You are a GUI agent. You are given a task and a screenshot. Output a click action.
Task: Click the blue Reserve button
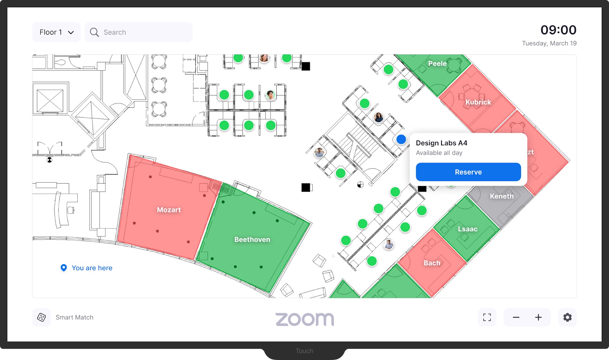coord(468,172)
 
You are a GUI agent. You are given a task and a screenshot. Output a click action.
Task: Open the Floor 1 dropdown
coord(56,32)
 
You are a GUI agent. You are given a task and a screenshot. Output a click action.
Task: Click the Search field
coord(139,32)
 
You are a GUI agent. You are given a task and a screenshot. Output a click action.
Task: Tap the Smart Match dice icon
coord(41,317)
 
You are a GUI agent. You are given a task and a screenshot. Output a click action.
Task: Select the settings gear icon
coord(567,317)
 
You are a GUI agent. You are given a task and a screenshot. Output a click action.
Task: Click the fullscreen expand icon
coord(487,317)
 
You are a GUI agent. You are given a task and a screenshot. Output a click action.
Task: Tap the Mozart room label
coord(169,210)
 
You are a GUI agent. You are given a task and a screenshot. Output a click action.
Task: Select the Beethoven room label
coord(252,239)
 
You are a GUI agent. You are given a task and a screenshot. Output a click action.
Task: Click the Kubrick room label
coord(478,102)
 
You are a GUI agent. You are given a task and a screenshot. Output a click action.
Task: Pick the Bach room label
coord(432,263)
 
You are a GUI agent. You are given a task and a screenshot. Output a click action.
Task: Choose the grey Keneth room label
coord(501,196)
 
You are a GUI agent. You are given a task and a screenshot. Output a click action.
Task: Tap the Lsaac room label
coord(467,229)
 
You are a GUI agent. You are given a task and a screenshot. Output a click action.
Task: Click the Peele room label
coord(437,64)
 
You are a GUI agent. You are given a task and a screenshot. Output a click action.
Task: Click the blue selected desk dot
coord(401,139)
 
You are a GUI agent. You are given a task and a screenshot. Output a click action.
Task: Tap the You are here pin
coord(64,268)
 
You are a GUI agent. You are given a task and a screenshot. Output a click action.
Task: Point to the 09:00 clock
coord(558,30)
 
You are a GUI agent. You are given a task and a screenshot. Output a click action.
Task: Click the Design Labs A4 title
coord(441,143)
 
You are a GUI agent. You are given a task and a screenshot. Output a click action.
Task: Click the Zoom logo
coord(304,319)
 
